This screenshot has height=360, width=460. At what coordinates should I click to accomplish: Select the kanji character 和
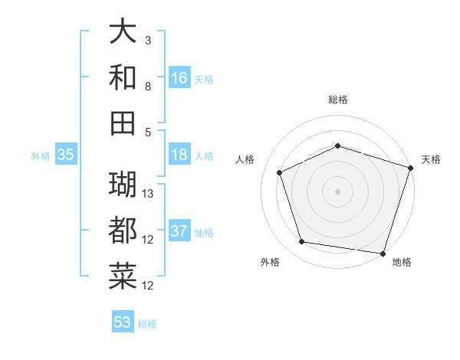(x=123, y=77)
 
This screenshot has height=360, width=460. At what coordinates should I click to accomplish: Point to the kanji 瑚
(x=123, y=184)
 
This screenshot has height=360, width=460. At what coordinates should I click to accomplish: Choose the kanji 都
(x=123, y=230)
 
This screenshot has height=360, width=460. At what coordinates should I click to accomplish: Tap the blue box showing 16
(x=179, y=78)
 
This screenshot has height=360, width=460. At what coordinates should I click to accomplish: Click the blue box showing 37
(x=179, y=231)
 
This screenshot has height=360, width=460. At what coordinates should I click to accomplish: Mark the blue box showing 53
(x=123, y=322)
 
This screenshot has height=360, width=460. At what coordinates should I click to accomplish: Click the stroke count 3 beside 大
(x=148, y=40)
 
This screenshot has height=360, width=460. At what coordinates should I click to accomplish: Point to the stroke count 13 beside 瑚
(x=149, y=193)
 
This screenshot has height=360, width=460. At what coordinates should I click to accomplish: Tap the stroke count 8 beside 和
(x=148, y=86)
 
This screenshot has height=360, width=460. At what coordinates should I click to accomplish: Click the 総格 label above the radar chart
(x=338, y=100)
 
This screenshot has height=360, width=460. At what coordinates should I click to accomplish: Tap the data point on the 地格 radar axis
(x=383, y=253)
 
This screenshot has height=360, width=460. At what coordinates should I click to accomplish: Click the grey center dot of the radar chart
(x=338, y=191)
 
